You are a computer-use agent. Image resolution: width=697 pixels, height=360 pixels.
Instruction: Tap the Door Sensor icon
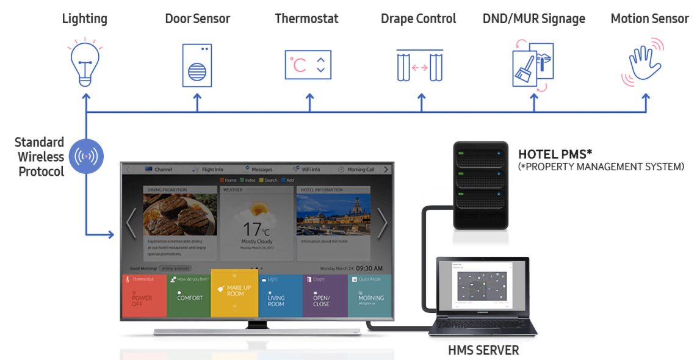click(x=197, y=65)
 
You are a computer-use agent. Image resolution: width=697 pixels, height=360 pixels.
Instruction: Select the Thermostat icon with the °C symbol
click(x=308, y=65)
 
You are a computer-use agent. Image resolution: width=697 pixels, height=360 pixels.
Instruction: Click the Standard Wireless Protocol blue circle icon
click(x=85, y=156)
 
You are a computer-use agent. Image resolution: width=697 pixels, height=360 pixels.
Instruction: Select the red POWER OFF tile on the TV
click(x=144, y=296)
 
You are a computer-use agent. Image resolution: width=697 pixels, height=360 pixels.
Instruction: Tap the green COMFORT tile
click(x=189, y=296)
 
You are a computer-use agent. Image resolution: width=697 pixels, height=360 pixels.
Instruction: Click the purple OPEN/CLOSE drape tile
click(x=325, y=296)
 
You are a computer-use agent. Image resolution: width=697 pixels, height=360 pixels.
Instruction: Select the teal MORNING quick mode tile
click(x=369, y=296)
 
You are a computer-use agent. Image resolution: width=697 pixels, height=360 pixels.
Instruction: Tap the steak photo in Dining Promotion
click(x=181, y=214)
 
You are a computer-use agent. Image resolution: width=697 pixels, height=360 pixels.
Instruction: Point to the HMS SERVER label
click(x=483, y=350)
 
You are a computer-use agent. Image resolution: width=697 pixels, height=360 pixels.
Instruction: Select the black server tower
click(x=480, y=185)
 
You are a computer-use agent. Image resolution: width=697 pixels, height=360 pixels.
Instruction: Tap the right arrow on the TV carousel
click(x=382, y=223)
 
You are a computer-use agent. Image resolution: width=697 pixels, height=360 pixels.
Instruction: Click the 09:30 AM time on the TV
click(x=369, y=268)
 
